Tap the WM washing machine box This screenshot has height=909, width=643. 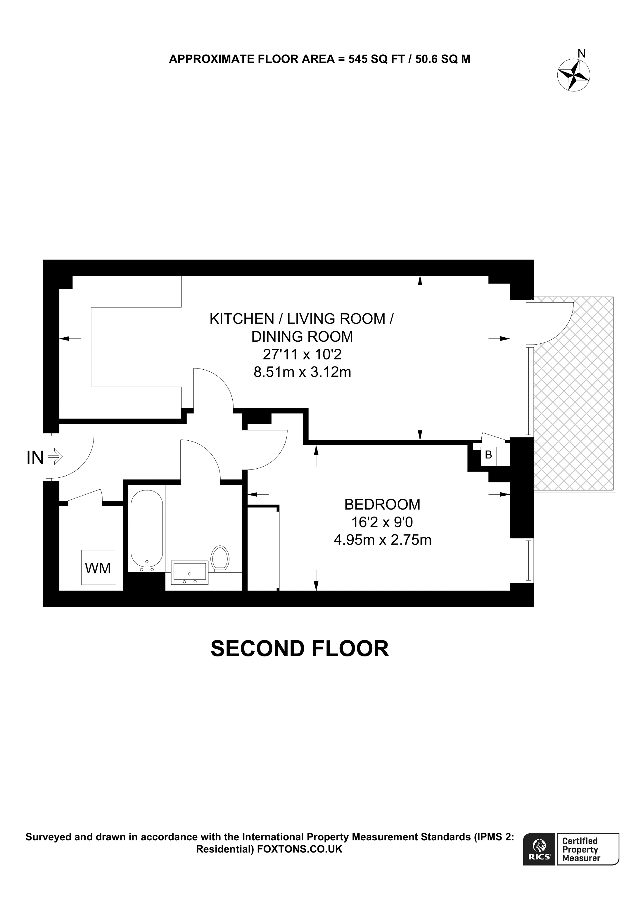(x=98, y=568)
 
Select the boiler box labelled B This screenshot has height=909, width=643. (x=488, y=455)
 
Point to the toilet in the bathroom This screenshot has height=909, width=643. (x=220, y=559)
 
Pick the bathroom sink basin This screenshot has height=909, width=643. (x=189, y=572)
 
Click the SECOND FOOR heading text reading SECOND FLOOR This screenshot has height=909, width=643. (x=300, y=649)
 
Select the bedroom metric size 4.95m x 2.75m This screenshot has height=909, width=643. (x=382, y=540)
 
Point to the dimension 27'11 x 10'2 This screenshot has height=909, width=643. (x=302, y=354)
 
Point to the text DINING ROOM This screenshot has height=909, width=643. (x=302, y=336)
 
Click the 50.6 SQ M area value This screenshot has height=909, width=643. (x=443, y=59)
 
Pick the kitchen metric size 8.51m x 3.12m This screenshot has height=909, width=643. (x=302, y=372)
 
